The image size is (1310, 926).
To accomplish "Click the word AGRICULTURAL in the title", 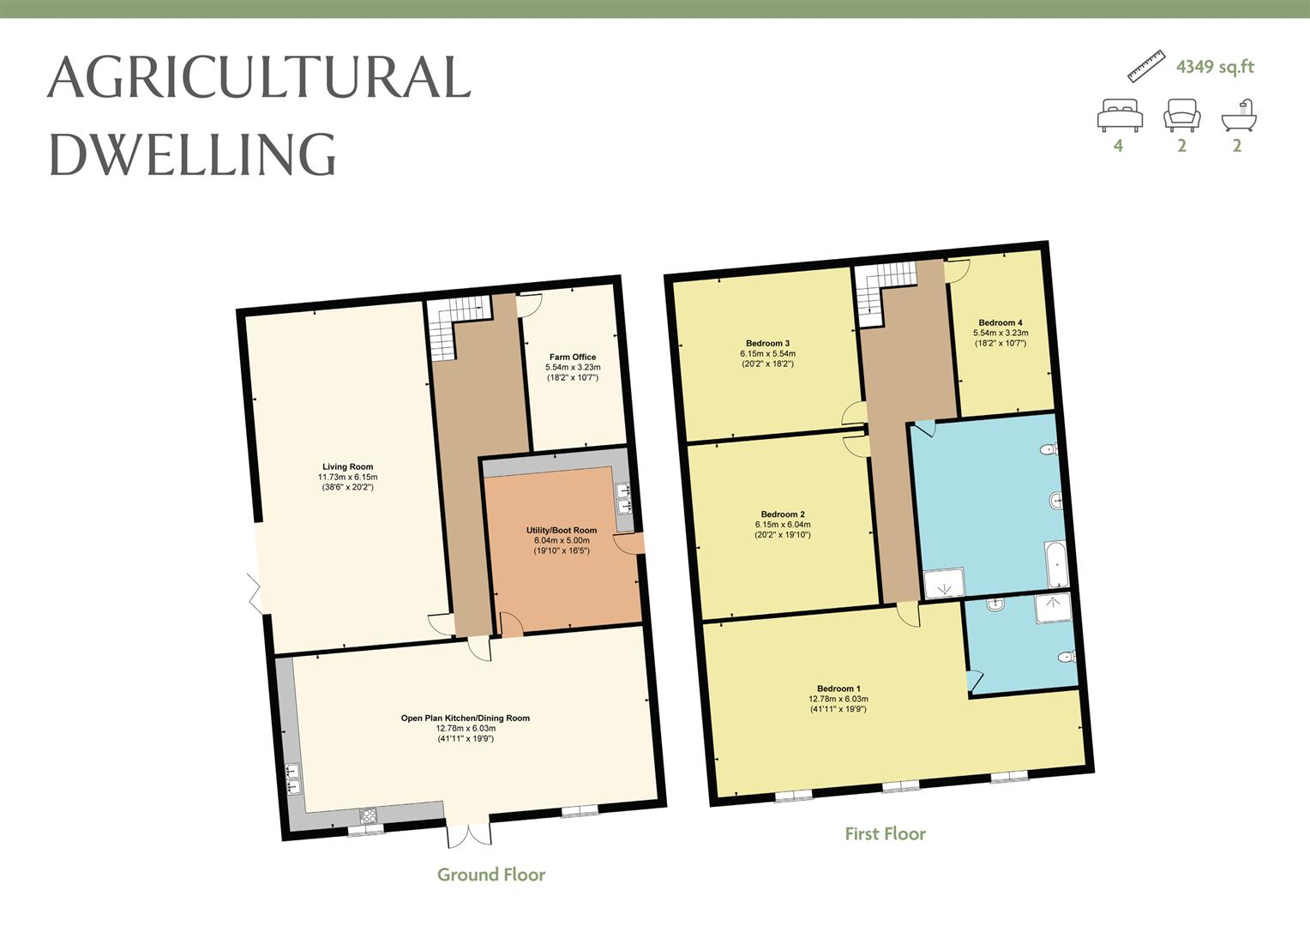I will [259, 77].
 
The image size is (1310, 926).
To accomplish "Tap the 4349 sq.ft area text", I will [1215, 67].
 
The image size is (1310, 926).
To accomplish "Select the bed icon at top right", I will [1120, 115].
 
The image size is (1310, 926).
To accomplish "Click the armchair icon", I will [1181, 115].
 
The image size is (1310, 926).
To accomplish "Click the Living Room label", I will [347, 467].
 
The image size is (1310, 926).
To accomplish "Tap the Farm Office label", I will [572, 357].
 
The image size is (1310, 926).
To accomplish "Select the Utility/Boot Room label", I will [561, 531].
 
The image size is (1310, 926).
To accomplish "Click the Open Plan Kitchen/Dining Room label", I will [465, 718].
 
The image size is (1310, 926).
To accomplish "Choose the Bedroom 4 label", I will [1001, 323].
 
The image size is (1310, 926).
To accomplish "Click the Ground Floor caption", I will [491, 875].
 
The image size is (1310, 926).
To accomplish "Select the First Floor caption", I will [885, 833].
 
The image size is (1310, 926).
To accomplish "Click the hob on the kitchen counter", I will [368, 815].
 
